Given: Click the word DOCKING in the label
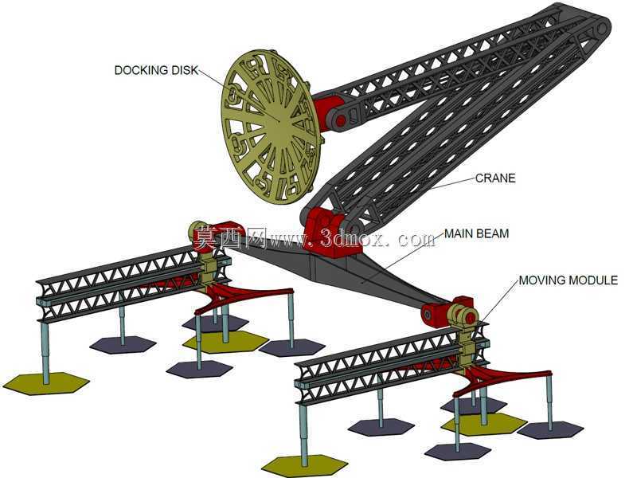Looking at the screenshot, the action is click(142, 70).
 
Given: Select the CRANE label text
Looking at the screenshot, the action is click(495, 178).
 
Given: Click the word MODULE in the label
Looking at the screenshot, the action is click(593, 280).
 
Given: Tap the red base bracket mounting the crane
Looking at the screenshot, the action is click(330, 233).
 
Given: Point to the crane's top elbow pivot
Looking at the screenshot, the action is click(600, 27).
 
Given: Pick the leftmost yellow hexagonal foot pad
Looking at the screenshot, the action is click(46, 383).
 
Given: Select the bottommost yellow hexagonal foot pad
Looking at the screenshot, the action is click(305, 466).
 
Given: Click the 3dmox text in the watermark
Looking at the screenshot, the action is click(353, 238).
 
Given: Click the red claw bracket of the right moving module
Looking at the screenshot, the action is click(502, 380).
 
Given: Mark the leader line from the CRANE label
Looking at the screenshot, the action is click(452, 183).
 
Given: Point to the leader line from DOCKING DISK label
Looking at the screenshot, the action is click(239, 95).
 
